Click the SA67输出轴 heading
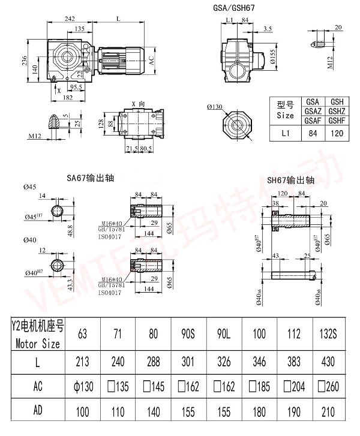click(90, 178)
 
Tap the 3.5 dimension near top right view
click(268, 28)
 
